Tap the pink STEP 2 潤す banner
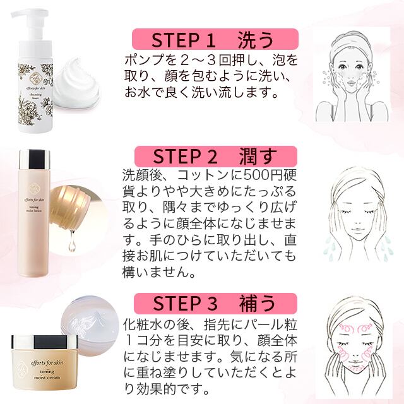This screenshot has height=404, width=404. pos(214,156)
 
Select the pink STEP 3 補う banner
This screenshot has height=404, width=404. pos(214,304)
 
